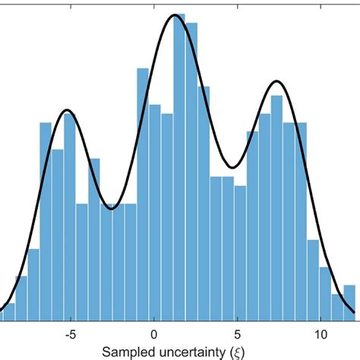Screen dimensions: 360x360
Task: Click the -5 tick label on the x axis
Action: [x=70, y=333]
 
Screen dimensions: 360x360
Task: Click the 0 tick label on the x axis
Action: [x=154, y=333]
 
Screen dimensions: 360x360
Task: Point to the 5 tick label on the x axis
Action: [x=238, y=333]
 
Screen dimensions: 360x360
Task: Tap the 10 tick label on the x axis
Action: [x=321, y=333]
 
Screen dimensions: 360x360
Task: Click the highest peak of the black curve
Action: [x=175, y=14]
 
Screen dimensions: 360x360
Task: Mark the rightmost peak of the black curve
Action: [x=277, y=81]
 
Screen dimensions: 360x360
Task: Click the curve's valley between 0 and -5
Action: [x=112, y=207]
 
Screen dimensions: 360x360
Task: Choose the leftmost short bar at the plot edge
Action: [x=7, y=315]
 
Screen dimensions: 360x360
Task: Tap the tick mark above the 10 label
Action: [x=321, y=322]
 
